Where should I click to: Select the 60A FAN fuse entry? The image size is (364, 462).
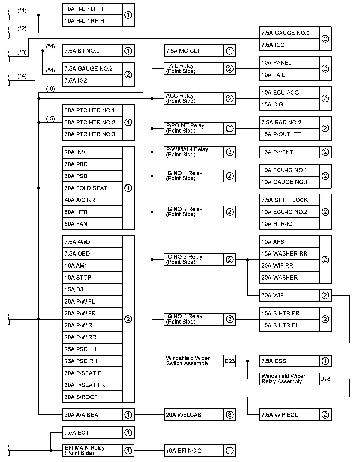(92, 224)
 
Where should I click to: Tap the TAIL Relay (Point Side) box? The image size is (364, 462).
(194, 68)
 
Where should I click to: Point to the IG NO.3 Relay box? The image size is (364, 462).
(194, 260)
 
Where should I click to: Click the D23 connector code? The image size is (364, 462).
(230, 361)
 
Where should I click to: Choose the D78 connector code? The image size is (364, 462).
(325, 379)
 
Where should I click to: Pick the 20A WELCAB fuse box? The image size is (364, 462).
(194, 415)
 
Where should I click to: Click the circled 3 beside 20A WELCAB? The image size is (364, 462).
(230, 415)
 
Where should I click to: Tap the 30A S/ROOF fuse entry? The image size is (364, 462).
(92, 397)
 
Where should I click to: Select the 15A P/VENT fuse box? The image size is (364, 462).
(289, 152)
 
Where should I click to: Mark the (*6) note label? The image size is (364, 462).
(50, 89)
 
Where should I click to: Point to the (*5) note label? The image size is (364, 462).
(50, 118)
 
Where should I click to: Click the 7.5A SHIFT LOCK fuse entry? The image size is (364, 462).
(289, 200)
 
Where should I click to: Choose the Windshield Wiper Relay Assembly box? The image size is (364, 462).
(289, 379)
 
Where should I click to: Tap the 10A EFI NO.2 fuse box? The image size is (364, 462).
(194, 451)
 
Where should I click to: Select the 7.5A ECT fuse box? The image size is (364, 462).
(92, 433)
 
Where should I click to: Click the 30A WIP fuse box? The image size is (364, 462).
(289, 295)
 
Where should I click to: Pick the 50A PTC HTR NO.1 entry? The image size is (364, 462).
(92, 110)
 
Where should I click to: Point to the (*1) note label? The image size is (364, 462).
(22, 11)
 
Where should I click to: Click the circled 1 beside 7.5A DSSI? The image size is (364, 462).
(325, 361)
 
